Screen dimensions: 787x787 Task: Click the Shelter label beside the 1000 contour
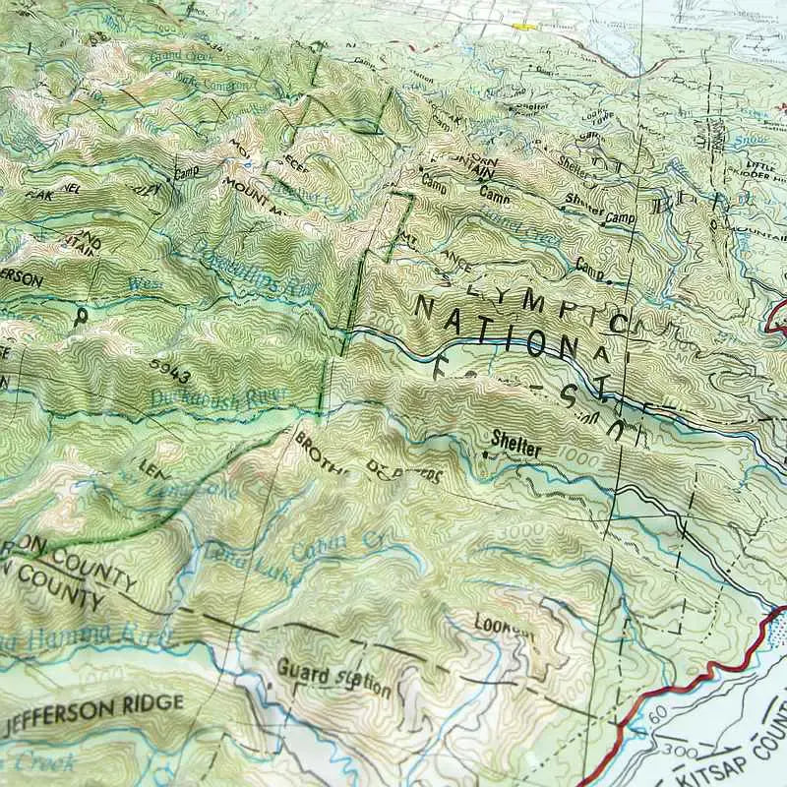coord(516,446)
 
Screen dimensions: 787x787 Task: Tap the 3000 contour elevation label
coord(517,532)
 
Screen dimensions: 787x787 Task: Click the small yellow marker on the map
coord(522,27)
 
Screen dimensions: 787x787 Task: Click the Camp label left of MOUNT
coord(185,172)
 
